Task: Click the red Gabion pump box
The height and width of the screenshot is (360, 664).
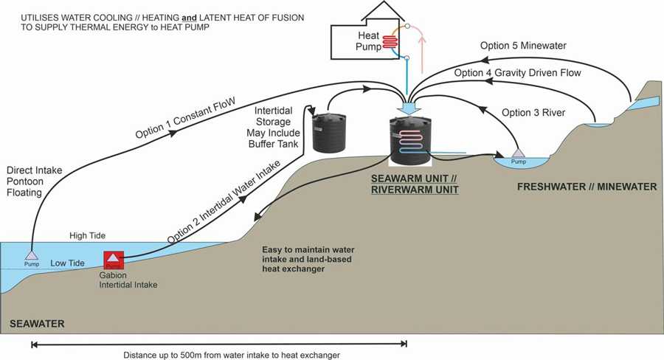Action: [x=114, y=260]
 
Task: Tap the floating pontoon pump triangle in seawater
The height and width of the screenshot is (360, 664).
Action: [x=31, y=255]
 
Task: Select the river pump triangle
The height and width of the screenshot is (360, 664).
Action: [x=519, y=153]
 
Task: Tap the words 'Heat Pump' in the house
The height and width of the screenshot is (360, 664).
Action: [x=370, y=41]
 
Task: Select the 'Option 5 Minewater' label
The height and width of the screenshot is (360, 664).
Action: [x=523, y=46]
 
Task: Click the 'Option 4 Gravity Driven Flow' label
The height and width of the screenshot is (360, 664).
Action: [x=517, y=73]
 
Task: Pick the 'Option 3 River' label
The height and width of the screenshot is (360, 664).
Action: [x=533, y=113]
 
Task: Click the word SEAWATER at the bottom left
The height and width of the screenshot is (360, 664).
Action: [x=38, y=324]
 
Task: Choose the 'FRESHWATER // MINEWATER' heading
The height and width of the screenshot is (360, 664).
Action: [x=587, y=187]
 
